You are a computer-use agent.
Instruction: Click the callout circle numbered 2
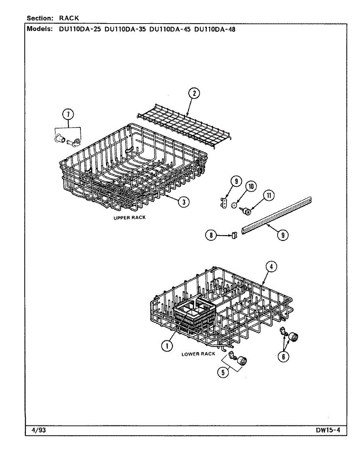tap(194, 93)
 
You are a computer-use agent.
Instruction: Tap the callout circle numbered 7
tap(68, 114)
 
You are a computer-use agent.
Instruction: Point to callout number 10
tap(251, 186)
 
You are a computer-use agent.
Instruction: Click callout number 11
tap(269, 195)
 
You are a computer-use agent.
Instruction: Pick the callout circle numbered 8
tap(211, 235)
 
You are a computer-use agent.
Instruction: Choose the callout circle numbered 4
tap(271, 267)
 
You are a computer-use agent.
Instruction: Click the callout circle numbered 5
tap(223, 372)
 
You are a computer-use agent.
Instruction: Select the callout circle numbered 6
tap(283, 356)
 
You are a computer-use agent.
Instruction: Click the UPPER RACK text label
tap(130, 218)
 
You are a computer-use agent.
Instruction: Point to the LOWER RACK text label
tap(198, 354)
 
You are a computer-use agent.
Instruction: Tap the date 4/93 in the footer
tap(38, 430)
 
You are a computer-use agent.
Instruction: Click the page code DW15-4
tap(328, 430)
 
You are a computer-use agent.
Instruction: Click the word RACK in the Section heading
tap(69, 18)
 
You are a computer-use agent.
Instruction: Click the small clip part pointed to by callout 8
tap(234, 235)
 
